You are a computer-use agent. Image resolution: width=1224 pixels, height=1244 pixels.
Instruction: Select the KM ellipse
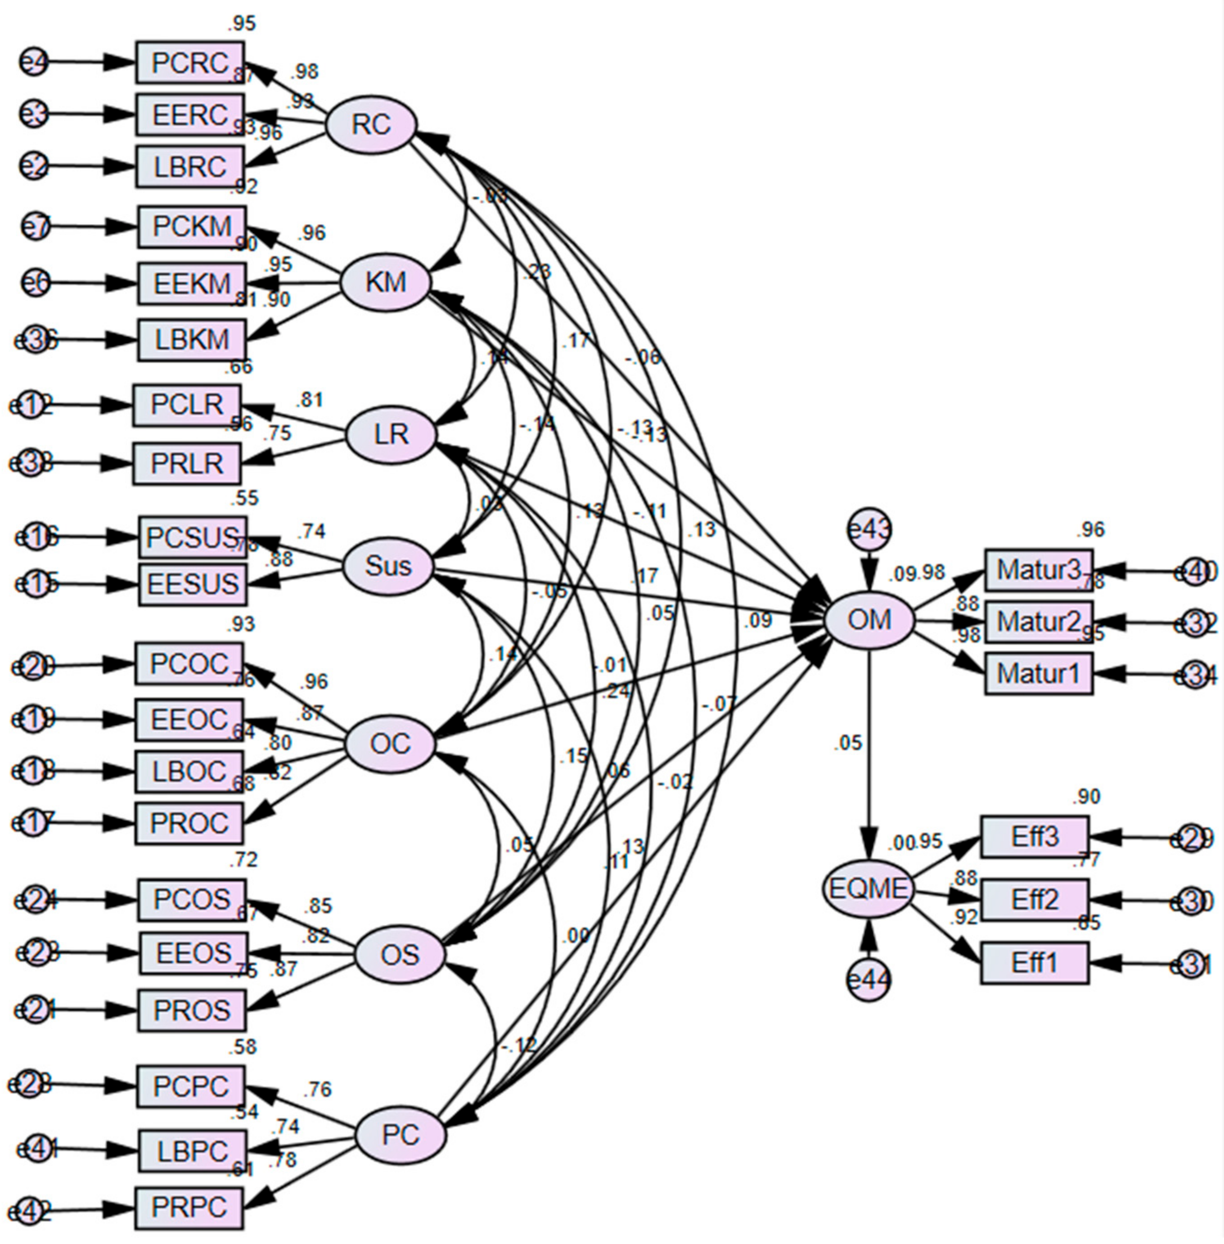[385, 282]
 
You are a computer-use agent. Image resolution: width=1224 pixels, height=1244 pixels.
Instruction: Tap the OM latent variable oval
[869, 620]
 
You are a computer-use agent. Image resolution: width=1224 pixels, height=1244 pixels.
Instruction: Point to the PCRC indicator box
[189, 63]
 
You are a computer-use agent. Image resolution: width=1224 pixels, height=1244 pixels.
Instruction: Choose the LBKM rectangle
[192, 339]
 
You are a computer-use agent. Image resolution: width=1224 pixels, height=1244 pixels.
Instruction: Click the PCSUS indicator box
[192, 537]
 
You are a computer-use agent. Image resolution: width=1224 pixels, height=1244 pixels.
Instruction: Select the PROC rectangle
[189, 823]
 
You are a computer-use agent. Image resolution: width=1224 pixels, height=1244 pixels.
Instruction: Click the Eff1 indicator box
[1035, 963]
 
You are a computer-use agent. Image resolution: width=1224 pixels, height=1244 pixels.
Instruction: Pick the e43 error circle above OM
[869, 530]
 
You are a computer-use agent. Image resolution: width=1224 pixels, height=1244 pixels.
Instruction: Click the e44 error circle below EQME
[868, 980]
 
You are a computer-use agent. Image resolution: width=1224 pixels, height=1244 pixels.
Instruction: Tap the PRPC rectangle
[189, 1208]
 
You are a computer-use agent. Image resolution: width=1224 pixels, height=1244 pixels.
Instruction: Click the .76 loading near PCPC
[317, 1089]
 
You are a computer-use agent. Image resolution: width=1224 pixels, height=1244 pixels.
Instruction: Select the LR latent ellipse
[391, 435]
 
